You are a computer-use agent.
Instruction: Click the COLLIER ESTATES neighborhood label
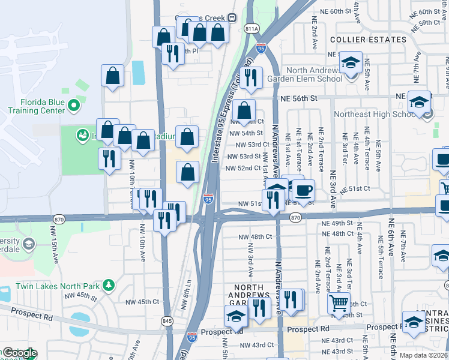pyautogui.click(x=369, y=40)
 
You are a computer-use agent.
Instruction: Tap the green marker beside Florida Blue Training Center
pyautogui.click(x=74, y=106)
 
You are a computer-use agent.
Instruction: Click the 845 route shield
pyautogui.click(x=167, y=321)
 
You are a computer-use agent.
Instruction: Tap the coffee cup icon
pyautogui.click(x=303, y=190)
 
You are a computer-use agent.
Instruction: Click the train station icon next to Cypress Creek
pyautogui.click(x=231, y=18)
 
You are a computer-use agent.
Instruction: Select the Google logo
pyautogui.click(x=19, y=353)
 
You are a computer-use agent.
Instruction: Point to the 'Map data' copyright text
pyautogui.click(x=423, y=355)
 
